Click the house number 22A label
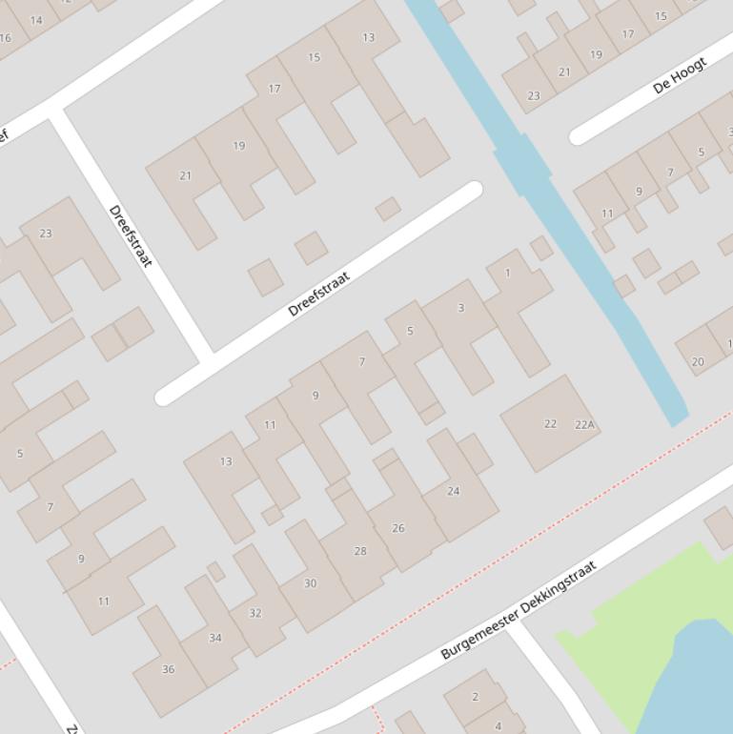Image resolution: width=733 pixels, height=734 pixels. (x=584, y=425)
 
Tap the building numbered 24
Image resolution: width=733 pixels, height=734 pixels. (x=454, y=492)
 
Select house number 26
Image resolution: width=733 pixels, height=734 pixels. (x=398, y=528)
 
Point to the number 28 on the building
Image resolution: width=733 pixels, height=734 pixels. (x=360, y=551)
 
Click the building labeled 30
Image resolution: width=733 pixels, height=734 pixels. (x=310, y=583)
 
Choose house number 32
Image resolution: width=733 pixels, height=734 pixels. (x=255, y=613)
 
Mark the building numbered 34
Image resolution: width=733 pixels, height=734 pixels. (x=215, y=638)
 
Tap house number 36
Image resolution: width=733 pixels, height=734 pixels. (x=169, y=669)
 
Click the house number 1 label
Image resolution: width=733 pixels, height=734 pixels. (x=507, y=274)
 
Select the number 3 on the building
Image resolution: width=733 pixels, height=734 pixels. (x=461, y=308)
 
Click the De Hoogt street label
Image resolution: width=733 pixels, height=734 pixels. (x=680, y=76)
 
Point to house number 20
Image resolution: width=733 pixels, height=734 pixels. (x=698, y=361)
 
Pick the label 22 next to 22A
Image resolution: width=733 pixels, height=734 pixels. (x=550, y=424)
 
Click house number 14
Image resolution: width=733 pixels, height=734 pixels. (x=36, y=20)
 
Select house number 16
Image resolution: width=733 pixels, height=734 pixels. (x=6, y=38)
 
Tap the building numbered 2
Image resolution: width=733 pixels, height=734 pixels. (x=475, y=697)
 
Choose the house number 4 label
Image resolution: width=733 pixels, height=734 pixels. (x=498, y=726)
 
